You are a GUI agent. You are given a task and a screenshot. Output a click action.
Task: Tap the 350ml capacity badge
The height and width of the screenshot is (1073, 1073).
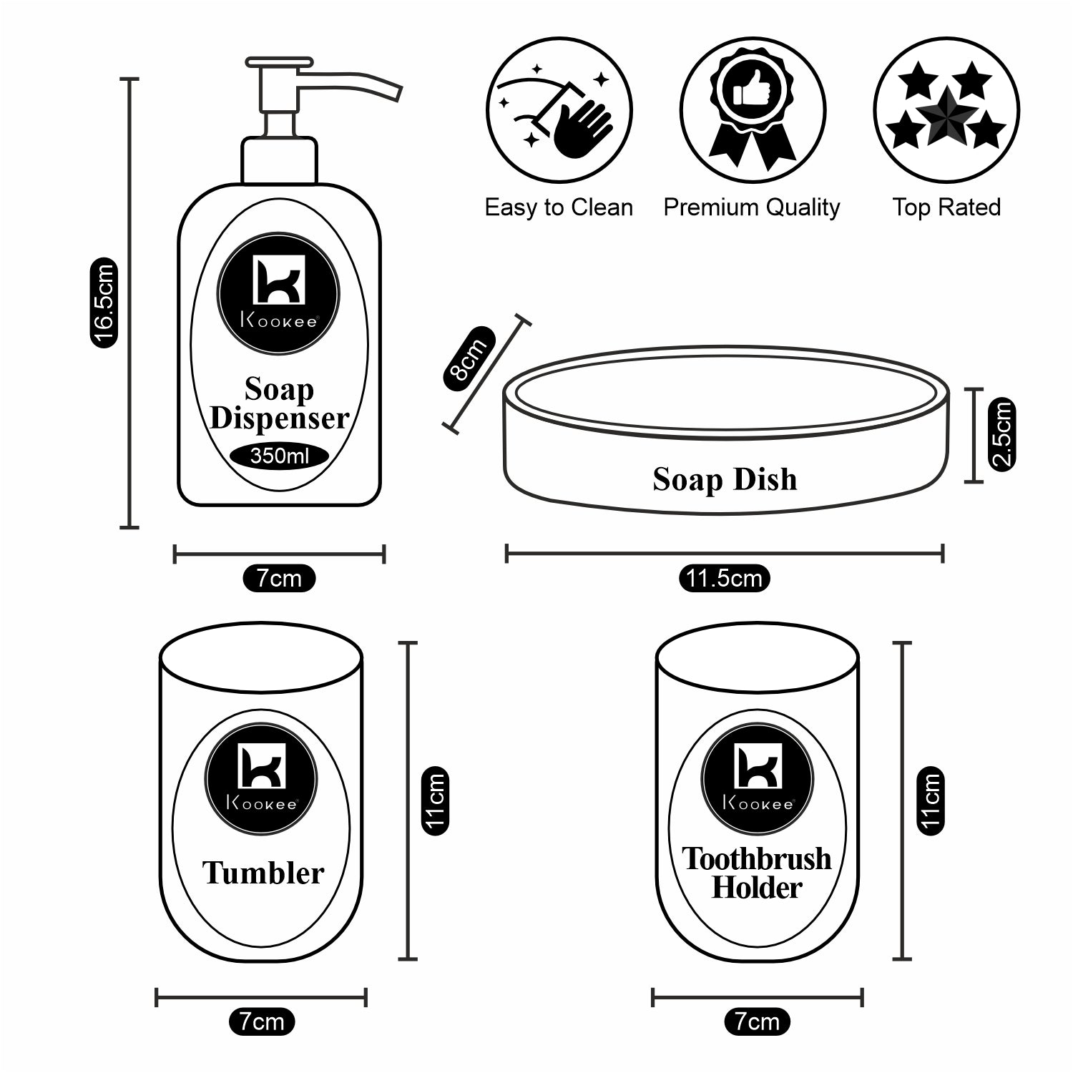[279, 456]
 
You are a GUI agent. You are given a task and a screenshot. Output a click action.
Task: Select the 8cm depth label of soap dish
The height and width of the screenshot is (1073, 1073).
[469, 358]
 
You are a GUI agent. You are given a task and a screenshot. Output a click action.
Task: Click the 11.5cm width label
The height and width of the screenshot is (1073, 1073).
[724, 578]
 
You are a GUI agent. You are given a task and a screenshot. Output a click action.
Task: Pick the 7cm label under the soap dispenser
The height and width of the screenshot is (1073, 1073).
[279, 578]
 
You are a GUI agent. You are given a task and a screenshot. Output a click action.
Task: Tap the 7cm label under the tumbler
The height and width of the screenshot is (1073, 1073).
[261, 1021]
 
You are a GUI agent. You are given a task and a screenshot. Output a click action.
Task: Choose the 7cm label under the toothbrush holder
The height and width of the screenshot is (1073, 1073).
[757, 1021]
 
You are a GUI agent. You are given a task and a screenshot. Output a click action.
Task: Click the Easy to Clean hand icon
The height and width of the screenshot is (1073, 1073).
[559, 111]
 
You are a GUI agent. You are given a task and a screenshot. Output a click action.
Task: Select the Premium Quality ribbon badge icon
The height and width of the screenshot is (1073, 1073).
[753, 111]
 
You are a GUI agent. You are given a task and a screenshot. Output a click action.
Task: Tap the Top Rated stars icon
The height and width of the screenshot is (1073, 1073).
[946, 111]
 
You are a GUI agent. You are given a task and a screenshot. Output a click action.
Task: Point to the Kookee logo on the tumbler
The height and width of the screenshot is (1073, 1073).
[261, 780]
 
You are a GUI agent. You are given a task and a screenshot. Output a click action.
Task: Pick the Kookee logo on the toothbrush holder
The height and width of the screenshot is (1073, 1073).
[757, 780]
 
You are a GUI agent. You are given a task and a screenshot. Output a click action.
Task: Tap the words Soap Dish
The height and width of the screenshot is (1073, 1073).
[725, 479]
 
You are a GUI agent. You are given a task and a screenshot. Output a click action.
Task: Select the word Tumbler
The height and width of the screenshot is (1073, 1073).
[263, 873]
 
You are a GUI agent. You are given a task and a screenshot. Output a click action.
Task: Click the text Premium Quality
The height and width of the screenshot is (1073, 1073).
[751, 207]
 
